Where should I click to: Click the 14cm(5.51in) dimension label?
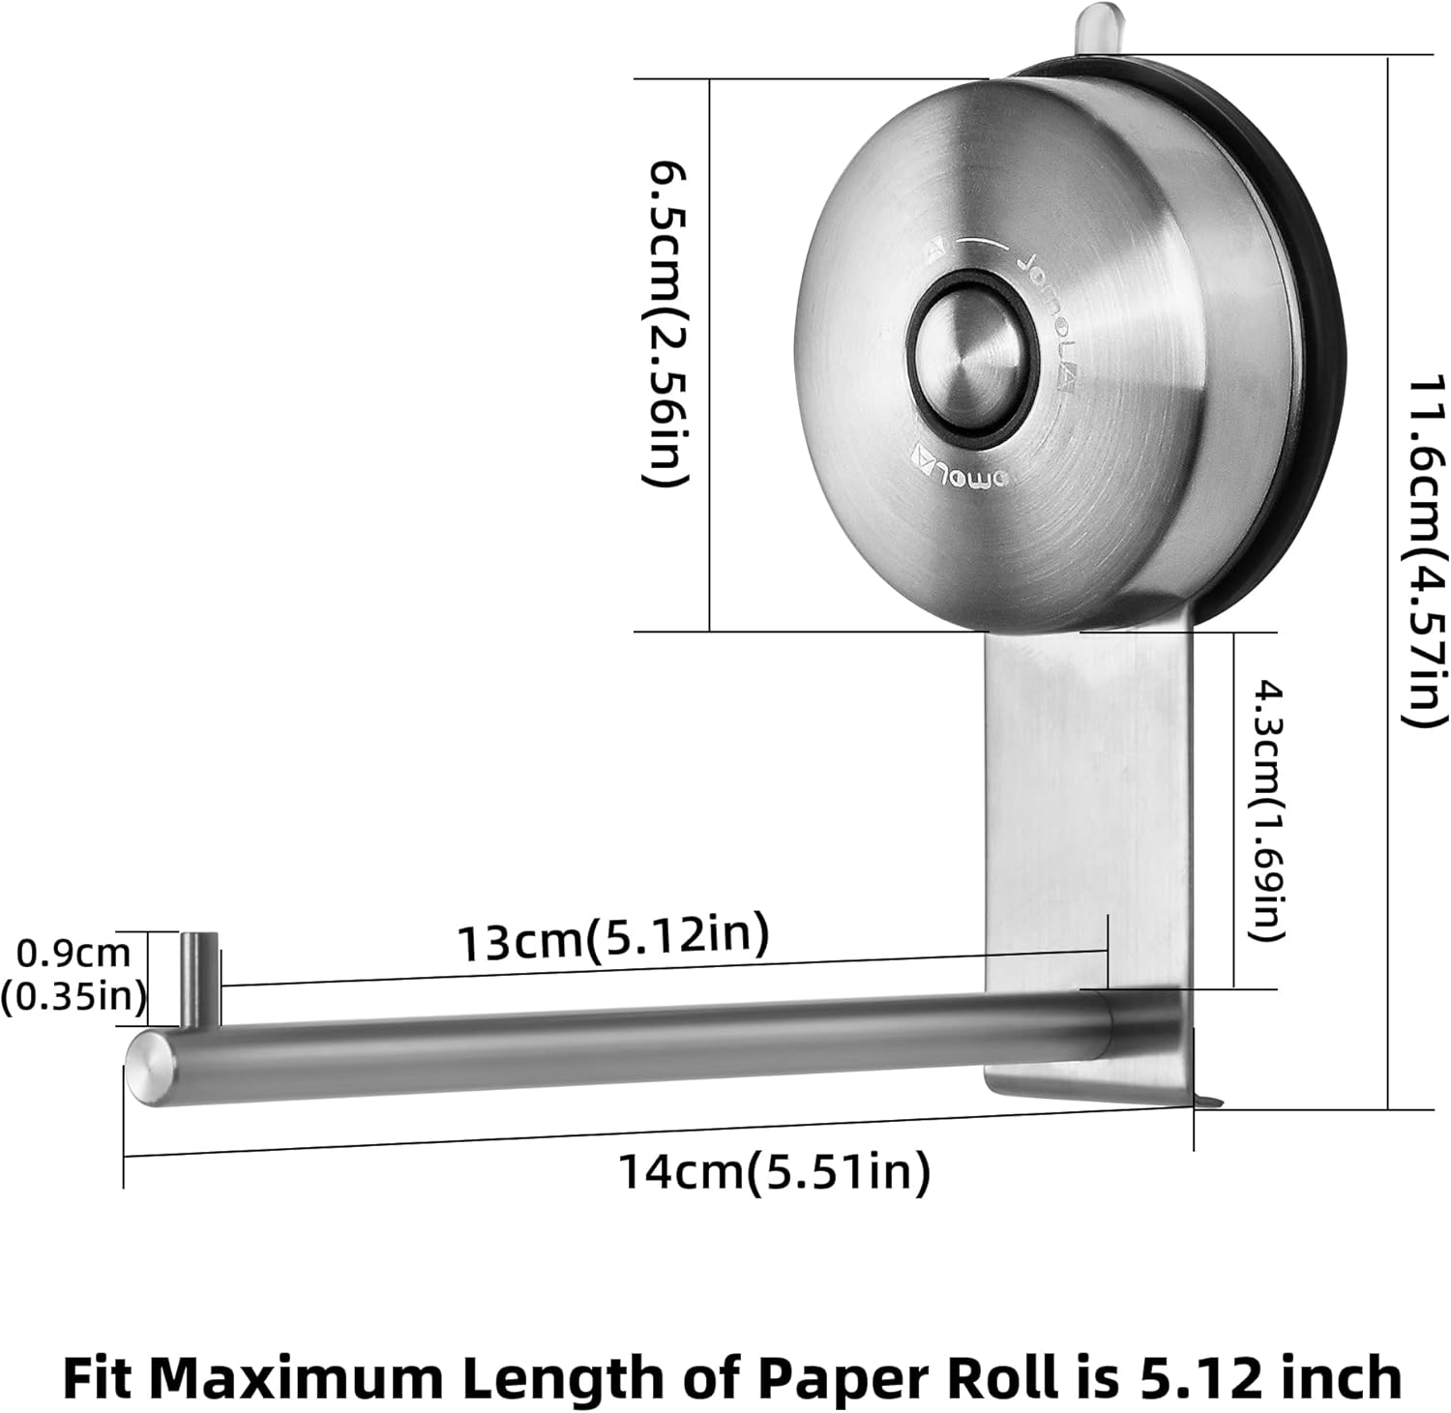click(x=774, y=1173)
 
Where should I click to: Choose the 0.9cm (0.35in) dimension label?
click(x=73, y=974)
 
